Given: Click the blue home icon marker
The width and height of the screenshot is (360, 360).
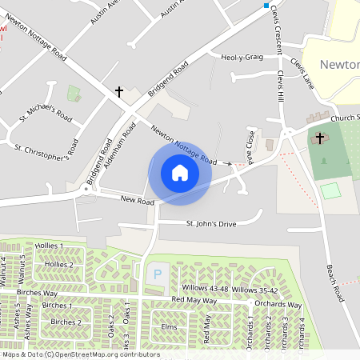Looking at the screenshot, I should click(x=180, y=173).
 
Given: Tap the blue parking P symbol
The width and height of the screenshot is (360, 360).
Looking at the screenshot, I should click(x=158, y=274).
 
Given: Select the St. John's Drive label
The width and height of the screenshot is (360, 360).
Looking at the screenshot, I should click(x=211, y=224).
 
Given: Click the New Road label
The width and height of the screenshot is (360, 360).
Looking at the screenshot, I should click(x=137, y=201).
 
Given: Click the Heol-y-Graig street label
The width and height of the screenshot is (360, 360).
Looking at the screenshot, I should click(x=242, y=56).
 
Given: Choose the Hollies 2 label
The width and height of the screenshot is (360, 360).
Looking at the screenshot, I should click(x=59, y=264).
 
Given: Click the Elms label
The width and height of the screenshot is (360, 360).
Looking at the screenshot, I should click(x=169, y=327).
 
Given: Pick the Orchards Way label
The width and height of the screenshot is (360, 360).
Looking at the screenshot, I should click(x=278, y=305).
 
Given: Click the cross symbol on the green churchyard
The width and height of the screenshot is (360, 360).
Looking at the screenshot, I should click(x=319, y=138).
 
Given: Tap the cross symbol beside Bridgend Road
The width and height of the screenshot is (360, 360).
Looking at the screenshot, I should click(x=119, y=92).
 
